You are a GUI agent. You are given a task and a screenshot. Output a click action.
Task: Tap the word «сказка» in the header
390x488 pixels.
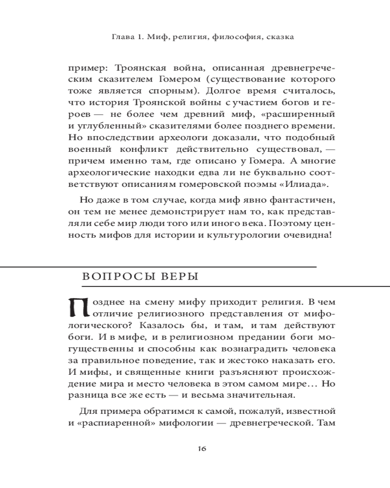(x=279, y=37)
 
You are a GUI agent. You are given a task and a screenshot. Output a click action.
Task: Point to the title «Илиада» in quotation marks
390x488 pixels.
(x=305, y=184)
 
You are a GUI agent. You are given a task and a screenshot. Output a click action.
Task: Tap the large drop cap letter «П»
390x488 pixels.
(x=79, y=306)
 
